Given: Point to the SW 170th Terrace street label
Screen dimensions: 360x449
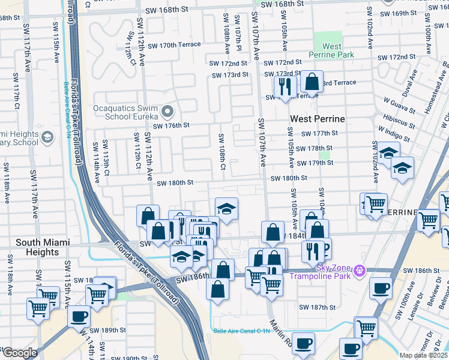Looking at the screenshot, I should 174,45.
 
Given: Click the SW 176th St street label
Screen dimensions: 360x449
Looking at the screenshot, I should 171,125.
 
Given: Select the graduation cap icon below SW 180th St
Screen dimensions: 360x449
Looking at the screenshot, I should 226,208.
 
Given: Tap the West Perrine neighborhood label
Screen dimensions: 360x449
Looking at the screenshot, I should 318,119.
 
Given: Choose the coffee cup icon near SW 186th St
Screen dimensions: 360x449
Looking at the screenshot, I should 381,287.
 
